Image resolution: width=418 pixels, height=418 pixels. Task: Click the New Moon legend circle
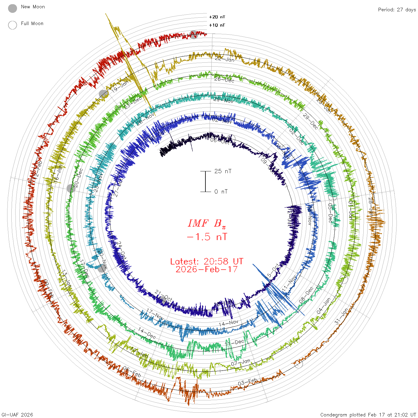(13, 9)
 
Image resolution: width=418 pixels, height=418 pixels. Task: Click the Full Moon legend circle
(13, 25)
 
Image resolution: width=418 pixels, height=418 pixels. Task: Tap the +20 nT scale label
(217, 17)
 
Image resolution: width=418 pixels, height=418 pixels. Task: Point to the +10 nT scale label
(217, 25)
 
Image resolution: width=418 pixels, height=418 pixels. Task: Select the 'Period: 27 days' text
(397, 10)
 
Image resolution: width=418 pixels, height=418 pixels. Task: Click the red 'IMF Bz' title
(207, 223)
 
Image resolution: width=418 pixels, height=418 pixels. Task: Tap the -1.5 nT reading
(207, 237)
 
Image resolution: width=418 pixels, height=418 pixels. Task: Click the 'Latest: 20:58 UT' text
(207, 262)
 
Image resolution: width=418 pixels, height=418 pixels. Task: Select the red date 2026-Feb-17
(207, 269)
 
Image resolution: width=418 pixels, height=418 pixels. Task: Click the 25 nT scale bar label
(223, 171)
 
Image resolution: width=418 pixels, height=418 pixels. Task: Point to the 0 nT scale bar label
(221, 191)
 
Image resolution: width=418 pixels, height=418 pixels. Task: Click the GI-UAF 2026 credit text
(17, 415)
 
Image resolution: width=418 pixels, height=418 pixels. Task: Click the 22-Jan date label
(225, 59)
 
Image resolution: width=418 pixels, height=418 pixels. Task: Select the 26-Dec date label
(224, 79)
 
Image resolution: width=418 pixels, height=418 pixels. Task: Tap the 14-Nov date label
(229, 323)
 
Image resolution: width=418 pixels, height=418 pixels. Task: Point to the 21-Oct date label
(164, 295)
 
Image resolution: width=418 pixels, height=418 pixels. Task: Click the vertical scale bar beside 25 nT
(205, 181)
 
